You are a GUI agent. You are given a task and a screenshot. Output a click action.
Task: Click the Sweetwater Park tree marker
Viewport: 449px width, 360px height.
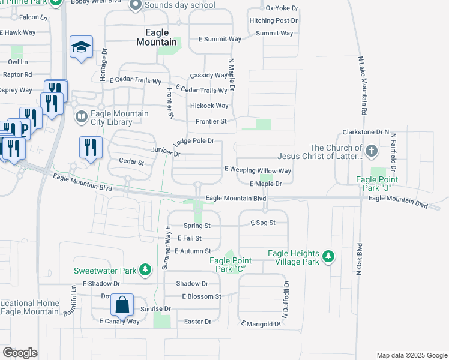145,271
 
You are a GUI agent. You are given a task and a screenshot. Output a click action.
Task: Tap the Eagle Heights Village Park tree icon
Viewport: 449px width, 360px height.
328,256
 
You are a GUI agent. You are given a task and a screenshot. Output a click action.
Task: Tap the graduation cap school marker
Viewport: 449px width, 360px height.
81,47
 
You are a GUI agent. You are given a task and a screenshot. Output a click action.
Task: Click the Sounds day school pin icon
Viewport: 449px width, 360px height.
135,5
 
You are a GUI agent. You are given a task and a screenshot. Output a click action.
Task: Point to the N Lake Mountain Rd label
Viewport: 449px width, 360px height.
363,86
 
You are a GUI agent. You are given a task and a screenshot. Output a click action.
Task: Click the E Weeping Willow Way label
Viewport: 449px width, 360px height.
258,170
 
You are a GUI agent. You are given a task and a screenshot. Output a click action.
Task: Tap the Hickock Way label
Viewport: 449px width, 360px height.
209,106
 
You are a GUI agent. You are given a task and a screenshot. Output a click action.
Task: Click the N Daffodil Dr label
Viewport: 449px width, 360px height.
286,299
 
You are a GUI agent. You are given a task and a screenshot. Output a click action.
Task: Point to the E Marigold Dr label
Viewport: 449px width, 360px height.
261,324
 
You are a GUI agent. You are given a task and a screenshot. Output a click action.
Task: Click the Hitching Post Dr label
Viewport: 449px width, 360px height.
274,20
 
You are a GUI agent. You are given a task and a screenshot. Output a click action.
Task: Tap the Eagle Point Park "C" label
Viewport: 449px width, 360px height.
230,265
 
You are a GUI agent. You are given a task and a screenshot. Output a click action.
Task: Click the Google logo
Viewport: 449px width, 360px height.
20,353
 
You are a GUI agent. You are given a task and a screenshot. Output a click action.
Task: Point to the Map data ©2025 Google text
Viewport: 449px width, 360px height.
411,355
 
